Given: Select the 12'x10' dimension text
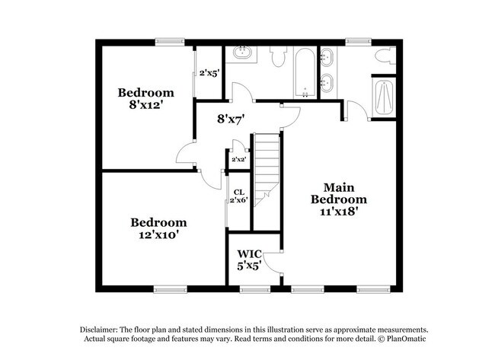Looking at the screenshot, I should (x=158, y=235).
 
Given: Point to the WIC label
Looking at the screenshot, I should (x=249, y=253).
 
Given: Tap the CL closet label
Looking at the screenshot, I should (x=238, y=192).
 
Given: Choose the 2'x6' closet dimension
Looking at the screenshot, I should (x=239, y=200).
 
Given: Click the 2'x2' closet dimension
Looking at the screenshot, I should (x=238, y=160).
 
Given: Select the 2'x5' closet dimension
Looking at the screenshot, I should (x=209, y=74).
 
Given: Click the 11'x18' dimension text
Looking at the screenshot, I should (x=339, y=212).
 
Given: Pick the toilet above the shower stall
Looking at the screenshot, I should (x=382, y=55).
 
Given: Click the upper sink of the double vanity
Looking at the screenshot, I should (x=328, y=56).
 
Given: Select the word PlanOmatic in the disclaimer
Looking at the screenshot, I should (x=413, y=337).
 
